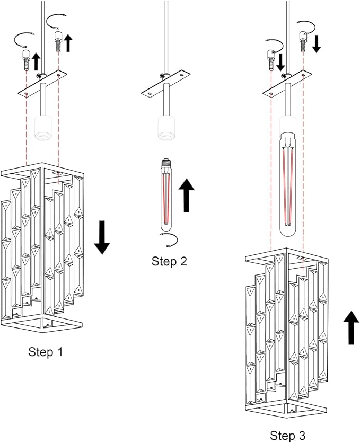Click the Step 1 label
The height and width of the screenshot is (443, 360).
pyautogui.click(x=49, y=351)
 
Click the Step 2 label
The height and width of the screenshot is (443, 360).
pyautogui.click(x=169, y=261)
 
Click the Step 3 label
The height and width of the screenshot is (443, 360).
pyautogui.click(x=287, y=435)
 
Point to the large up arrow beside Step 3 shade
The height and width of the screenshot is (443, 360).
pyautogui.click(x=350, y=327)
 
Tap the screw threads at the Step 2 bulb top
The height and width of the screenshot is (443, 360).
pyautogui.click(x=166, y=160)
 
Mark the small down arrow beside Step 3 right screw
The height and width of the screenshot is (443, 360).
pyautogui.click(x=317, y=43)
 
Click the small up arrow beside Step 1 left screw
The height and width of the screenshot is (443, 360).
pyautogui.click(x=36, y=61)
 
